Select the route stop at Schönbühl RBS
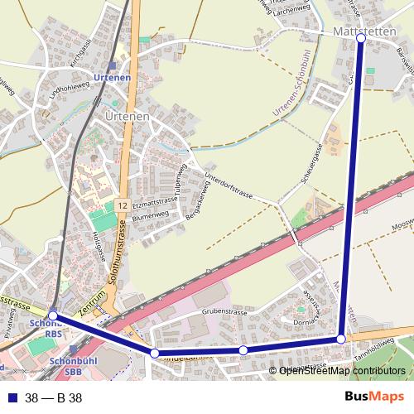coord(53,315)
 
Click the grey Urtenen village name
coord(128,117)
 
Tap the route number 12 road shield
coord(122,205)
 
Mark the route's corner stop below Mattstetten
coord(341,339)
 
